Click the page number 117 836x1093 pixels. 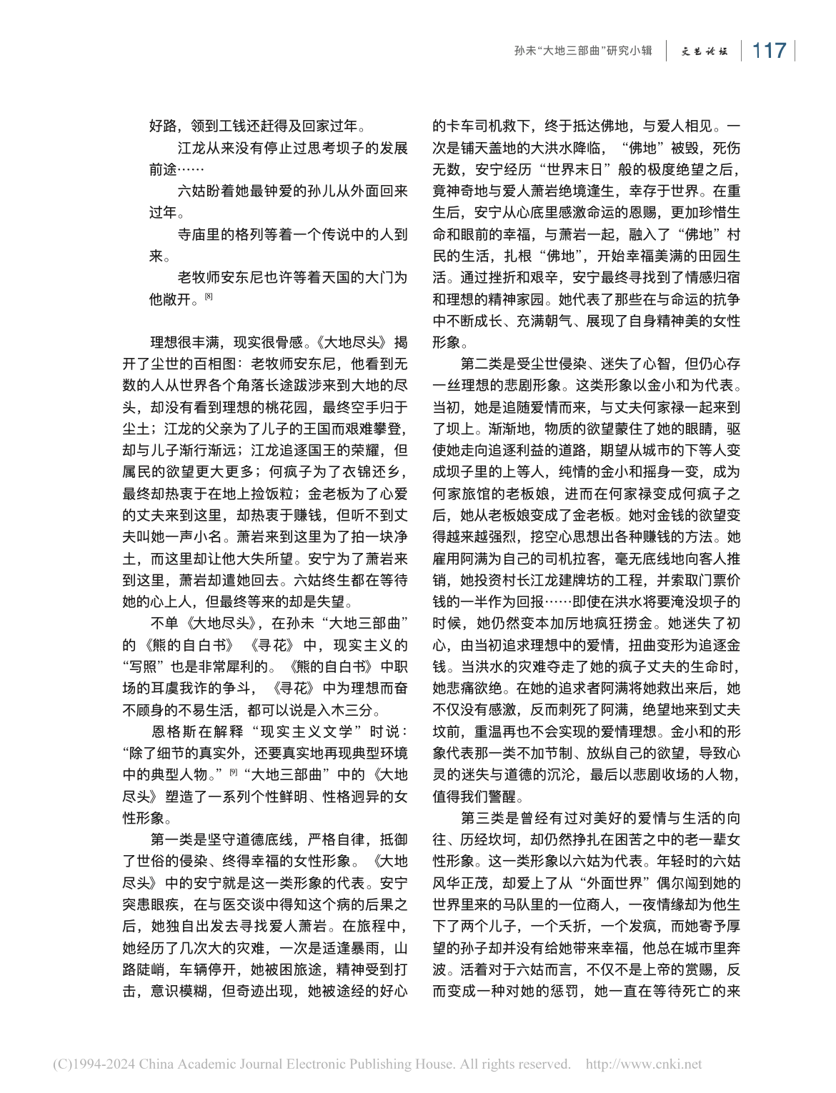point(769,51)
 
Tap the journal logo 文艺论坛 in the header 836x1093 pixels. point(704,51)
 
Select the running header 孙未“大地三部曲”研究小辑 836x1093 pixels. point(583,51)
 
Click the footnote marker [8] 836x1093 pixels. point(209,296)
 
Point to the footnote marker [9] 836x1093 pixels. point(233,772)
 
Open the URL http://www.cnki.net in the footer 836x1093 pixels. point(643,1064)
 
